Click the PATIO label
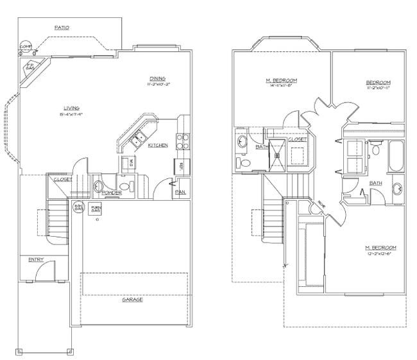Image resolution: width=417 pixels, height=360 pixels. coord(62,28)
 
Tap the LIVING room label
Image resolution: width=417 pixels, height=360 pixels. coord(71,107)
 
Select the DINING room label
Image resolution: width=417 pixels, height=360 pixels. coord(158,77)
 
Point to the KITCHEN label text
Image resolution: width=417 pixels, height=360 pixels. coord(158,146)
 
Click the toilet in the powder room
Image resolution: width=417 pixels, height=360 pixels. coord(99,187)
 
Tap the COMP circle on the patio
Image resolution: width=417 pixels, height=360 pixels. coord(26,47)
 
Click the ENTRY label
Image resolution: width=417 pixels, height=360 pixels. coord(35,260)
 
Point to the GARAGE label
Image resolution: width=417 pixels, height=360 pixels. coord(133,299)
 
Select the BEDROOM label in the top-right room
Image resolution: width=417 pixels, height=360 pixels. coord(378,82)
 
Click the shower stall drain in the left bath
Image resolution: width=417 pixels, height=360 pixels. coord(278,154)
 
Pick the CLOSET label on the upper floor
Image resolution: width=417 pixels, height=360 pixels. coord(298,139)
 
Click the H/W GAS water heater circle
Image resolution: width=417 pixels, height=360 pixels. coord(80,207)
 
